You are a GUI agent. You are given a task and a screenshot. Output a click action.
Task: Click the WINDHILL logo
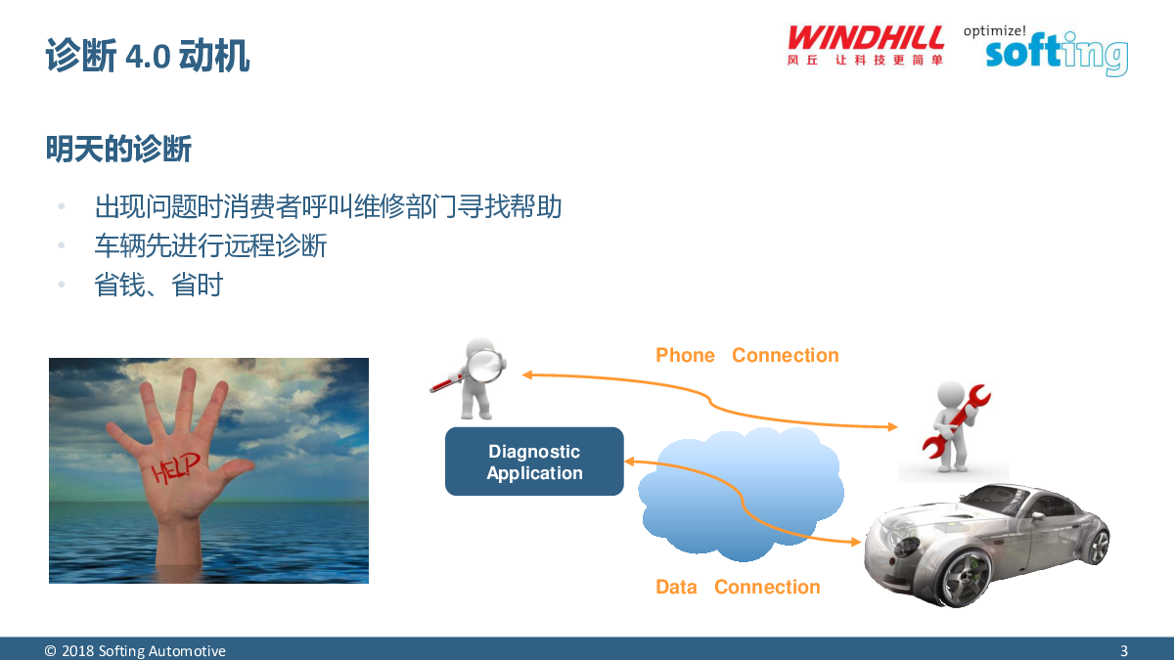[x=865, y=45]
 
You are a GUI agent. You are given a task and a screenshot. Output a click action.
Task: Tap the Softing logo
[x=1057, y=54]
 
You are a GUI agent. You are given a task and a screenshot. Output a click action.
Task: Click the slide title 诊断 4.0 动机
[x=148, y=55]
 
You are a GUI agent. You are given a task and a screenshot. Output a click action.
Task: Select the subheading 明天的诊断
[x=118, y=149]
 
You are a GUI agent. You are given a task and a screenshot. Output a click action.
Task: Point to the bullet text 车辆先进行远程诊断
[x=210, y=245]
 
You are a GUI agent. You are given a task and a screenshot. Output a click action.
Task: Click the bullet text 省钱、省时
[x=158, y=285]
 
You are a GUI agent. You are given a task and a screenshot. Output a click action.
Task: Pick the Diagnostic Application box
[x=534, y=462]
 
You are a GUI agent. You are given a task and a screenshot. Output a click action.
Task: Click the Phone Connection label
[x=746, y=355]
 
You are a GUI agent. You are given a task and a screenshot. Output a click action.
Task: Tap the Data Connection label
[x=738, y=587]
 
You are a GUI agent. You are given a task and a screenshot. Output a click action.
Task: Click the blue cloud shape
[x=741, y=494]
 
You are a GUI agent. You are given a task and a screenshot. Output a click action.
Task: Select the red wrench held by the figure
[x=956, y=422]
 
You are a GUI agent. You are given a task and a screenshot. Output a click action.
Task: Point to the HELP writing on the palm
[x=175, y=467]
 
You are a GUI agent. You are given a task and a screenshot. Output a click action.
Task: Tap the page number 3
[x=1124, y=650]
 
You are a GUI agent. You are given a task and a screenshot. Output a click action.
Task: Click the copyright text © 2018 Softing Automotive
[x=135, y=650]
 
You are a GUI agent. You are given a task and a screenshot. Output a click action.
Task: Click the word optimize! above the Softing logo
[x=994, y=31]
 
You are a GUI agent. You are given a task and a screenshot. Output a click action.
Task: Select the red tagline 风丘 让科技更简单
[x=865, y=60]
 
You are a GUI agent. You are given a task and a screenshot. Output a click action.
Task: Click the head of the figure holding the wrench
[x=950, y=395]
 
